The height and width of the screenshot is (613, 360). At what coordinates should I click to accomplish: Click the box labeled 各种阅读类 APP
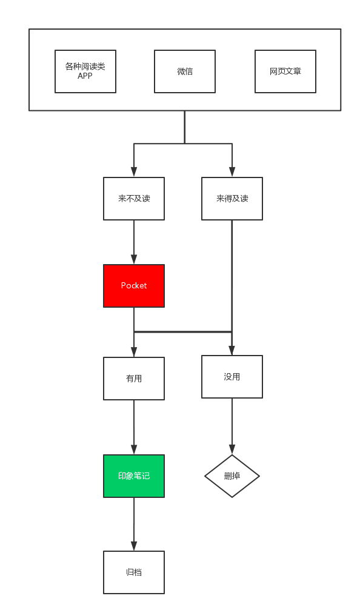point(85,71)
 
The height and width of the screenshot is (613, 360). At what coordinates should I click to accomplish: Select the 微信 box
point(185,71)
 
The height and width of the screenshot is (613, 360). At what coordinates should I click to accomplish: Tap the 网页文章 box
point(285,71)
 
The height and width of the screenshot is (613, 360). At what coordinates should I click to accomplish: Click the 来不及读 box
point(134,199)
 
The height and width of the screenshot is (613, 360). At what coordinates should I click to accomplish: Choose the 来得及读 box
point(232,199)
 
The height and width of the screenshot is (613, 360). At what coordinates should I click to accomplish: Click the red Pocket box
point(134,286)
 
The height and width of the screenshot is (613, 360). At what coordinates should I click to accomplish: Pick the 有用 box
point(134,379)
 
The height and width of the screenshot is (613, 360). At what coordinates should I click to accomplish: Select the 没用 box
point(232,377)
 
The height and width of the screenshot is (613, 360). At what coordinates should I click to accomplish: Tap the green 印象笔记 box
point(134,475)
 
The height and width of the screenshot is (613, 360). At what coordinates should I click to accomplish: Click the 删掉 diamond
point(232,475)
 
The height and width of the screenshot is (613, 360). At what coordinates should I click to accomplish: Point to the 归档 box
point(134,572)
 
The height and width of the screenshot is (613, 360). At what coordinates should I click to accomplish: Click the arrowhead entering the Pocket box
point(134,259)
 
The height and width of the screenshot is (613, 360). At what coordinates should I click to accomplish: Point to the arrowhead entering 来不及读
point(134,172)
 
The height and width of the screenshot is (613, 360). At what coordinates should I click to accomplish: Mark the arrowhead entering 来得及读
point(232,172)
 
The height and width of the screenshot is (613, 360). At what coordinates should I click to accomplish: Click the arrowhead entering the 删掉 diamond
point(232,449)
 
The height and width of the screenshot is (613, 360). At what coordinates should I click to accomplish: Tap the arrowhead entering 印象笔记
point(134,449)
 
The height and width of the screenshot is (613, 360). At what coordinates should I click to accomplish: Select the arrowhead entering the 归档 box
point(134,546)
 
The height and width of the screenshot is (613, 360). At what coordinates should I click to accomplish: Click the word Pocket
point(134,286)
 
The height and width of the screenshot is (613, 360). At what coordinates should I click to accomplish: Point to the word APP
point(85,76)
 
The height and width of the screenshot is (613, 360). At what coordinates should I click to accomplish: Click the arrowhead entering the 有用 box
point(134,352)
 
